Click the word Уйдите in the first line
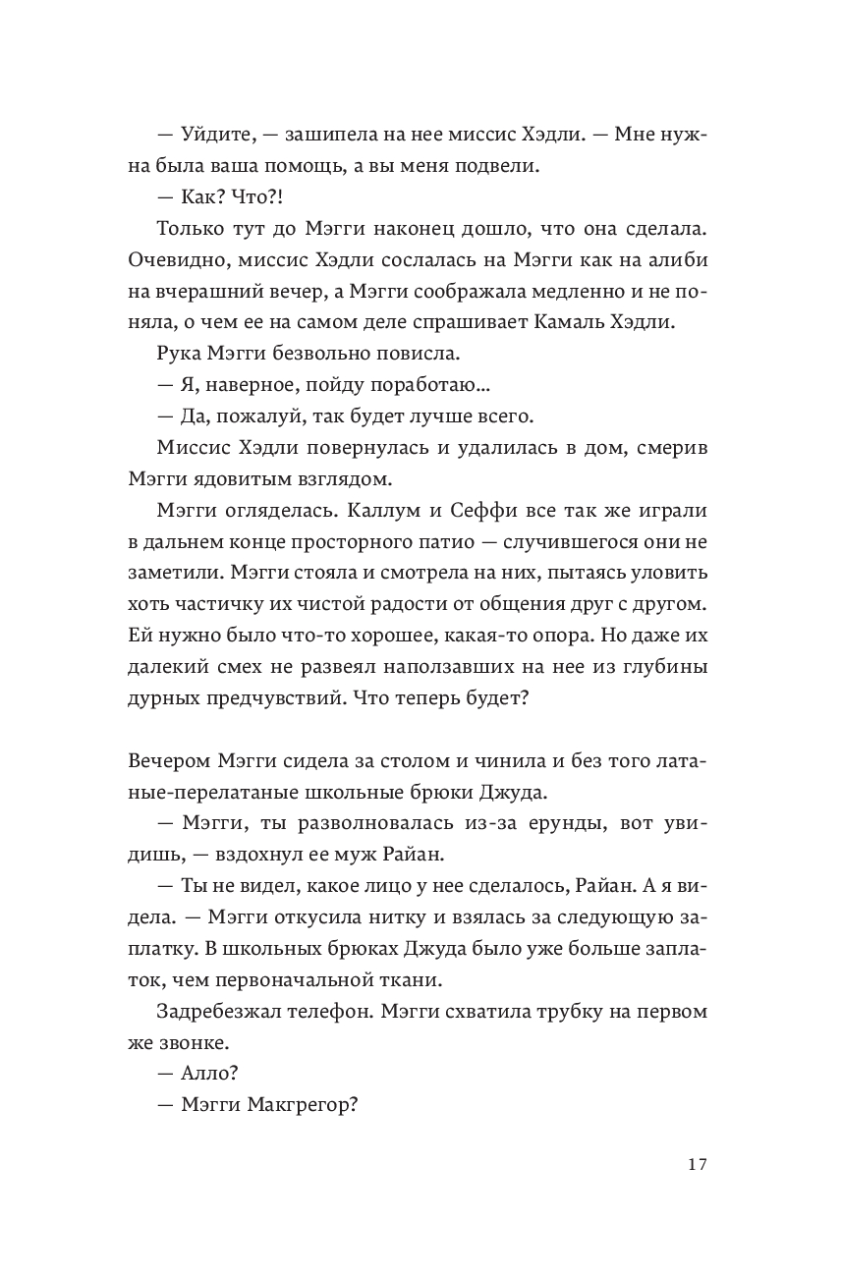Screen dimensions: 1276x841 (x=216, y=136)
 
